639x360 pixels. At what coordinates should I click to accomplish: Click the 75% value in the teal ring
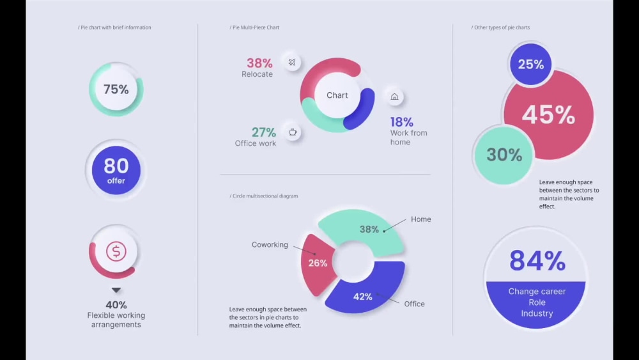pyautogui.click(x=116, y=90)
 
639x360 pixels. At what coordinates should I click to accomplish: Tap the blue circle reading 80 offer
pyautogui.click(x=116, y=169)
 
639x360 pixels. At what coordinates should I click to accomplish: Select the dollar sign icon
pyautogui.click(x=116, y=251)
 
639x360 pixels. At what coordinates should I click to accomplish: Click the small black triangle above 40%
pyautogui.click(x=116, y=290)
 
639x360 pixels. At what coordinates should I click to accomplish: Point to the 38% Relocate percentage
pyautogui.click(x=259, y=63)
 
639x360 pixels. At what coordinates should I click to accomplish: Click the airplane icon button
pyautogui.click(x=292, y=62)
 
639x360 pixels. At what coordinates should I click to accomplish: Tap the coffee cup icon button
pyautogui.click(x=293, y=132)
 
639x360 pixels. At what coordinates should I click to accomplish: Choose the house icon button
pyautogui.click(x=394, y=97)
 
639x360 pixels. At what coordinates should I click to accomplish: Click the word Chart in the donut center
pyautogui.click(x=337, y=95)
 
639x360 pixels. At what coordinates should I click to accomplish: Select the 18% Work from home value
pyautogui.click(x=402, y=121)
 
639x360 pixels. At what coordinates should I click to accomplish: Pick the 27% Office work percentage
pyautogui.click(x=263, y=132)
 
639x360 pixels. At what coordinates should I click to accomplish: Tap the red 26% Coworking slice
pyautogui.click(x=317, y=263)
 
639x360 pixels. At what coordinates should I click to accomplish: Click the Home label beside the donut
pyautogui.click(x=420, y=219)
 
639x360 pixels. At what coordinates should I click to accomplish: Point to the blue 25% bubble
pyautogui.click(x=530, y=65)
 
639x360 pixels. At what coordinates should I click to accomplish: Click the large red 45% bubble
pyautogui.click(x=549, y=115)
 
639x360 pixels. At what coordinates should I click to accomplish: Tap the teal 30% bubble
pyautogui.click(x=504, y=155)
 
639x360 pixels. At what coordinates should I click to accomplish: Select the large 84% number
pyautogui.click(x=537, y=260)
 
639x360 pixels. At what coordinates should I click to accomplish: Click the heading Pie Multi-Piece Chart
pyautogui.click(x=255, y=27)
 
